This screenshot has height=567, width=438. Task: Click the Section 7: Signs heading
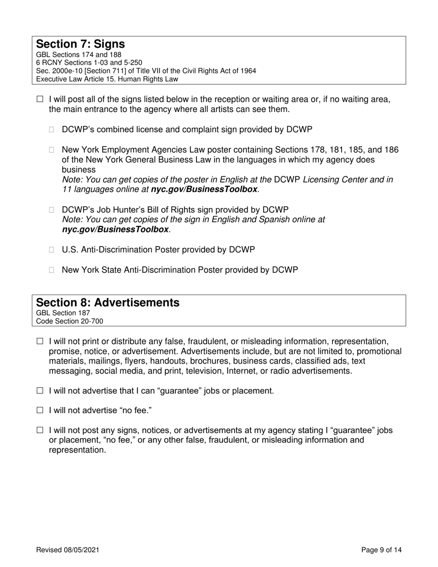tap(80, 44)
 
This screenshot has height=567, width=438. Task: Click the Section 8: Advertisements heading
tap(107, 302)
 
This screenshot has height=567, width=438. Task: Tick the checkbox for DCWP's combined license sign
tap(52, 130)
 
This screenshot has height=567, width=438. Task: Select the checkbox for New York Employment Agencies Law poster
tap(52, 150)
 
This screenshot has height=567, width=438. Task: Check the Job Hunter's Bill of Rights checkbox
tap(52, 210)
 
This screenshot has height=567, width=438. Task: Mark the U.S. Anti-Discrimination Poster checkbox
tap(52, 250)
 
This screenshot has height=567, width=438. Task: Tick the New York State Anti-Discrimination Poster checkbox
tap(52, 270)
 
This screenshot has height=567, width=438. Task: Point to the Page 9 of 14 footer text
tap(381, 549)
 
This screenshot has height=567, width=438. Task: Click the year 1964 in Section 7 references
tap(248, 71)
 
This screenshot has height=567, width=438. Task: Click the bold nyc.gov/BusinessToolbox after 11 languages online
tap(204, 189)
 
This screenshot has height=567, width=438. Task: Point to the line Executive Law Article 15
tap(107, 79)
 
